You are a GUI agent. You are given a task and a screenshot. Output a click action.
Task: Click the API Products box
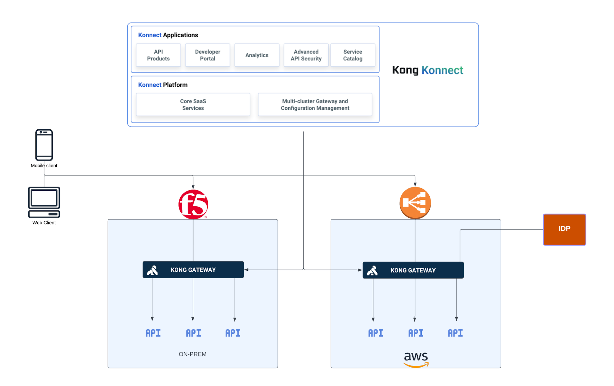click(158, 55)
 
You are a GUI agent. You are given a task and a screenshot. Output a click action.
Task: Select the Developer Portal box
click(207, 55)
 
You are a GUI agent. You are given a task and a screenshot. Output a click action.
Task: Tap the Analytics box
click(257, 55)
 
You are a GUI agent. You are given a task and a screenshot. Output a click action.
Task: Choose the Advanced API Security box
click(306, 55)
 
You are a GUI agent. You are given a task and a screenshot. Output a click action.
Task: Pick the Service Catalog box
click(352, 55)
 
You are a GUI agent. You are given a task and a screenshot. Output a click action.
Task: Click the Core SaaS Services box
click(193, 105)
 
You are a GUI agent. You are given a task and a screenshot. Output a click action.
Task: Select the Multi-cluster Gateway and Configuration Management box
click(315, 105)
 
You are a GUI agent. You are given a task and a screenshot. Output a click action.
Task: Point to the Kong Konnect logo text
click(427, 70)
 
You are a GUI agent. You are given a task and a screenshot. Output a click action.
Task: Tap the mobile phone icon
click(44, 145)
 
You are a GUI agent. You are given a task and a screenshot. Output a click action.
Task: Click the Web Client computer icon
click(44, 202)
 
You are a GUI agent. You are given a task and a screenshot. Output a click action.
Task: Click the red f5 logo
click(193, 205)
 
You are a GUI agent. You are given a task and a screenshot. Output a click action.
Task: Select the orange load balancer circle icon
click(415, 203)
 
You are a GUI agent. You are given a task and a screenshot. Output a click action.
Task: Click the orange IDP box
click(564, 229)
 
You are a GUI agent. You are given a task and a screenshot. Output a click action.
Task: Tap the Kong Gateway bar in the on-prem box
click(193, 269)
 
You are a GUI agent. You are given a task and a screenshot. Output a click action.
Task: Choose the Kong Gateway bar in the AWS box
click(413, 270)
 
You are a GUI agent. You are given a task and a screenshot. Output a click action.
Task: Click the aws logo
click(416, 359)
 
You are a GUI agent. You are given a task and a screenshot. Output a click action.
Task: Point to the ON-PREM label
click(193, 354)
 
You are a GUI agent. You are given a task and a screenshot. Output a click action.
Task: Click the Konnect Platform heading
click(163, 85)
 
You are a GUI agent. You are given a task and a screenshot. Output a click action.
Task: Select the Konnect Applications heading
click(168, 35)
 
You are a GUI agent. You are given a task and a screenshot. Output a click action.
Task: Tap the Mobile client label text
click(44, 165)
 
